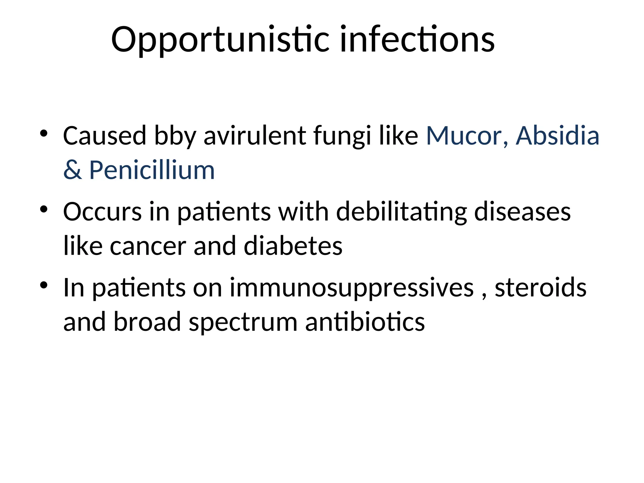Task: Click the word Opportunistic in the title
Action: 220,40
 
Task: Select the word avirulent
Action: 255,136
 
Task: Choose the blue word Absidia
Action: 557,136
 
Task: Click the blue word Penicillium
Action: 152,170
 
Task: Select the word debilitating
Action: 402,212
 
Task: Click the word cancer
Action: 148,246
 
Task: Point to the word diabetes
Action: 293,246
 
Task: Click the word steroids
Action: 541,288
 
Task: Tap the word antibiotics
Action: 365,322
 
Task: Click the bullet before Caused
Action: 44,134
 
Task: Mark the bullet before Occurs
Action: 44,209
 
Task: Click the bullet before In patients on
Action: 44,285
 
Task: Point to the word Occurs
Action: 102,212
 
